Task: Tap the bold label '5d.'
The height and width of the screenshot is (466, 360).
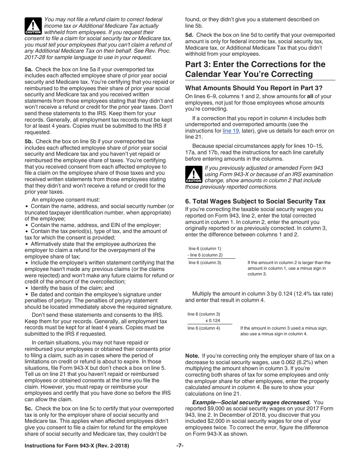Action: click(x=189, y=35)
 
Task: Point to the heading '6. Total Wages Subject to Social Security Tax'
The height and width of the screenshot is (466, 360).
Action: click(x=255, y=201)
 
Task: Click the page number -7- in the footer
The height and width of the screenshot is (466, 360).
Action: click(x=180, y=446)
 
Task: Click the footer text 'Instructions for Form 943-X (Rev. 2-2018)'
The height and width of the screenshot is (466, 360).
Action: click(x=77, y=446)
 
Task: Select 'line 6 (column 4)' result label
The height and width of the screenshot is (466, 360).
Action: click(x=204, y=328)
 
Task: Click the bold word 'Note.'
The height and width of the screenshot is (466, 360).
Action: click(x=192, y=356)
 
